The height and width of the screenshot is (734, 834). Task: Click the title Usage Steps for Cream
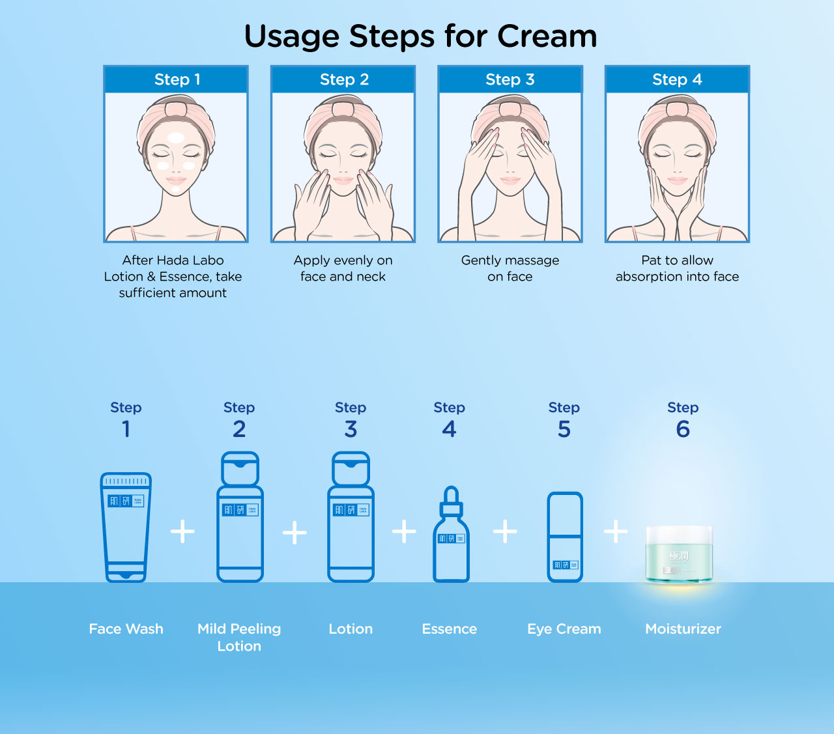[420, 36]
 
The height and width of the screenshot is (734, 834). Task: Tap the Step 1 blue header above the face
[177, 79]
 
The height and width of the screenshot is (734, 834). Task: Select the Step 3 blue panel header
[510, 79]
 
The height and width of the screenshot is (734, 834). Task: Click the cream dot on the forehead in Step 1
[176, 137]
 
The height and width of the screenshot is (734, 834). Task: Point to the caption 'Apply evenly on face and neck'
[343, 268]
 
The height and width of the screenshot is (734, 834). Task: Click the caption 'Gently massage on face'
[510, 268]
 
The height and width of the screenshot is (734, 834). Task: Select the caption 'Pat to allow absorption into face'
[677, 268]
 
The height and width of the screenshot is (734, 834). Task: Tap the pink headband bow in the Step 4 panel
[677, 107]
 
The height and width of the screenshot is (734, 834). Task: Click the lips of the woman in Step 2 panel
[343, 180]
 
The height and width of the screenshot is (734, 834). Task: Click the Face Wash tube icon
[126, 528]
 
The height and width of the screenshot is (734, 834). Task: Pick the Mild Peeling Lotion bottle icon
[240, 518]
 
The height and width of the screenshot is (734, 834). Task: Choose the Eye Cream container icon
[564, 537]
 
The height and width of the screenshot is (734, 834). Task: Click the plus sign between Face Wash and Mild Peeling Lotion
[182, 531]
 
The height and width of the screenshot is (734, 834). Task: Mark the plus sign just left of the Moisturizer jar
[616, 531]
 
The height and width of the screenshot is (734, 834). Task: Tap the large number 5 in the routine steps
[564, 429]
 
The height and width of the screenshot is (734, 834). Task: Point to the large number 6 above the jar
[683, 429]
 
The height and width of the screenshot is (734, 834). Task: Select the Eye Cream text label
[564, 629]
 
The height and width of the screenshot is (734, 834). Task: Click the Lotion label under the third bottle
[351, 629]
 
